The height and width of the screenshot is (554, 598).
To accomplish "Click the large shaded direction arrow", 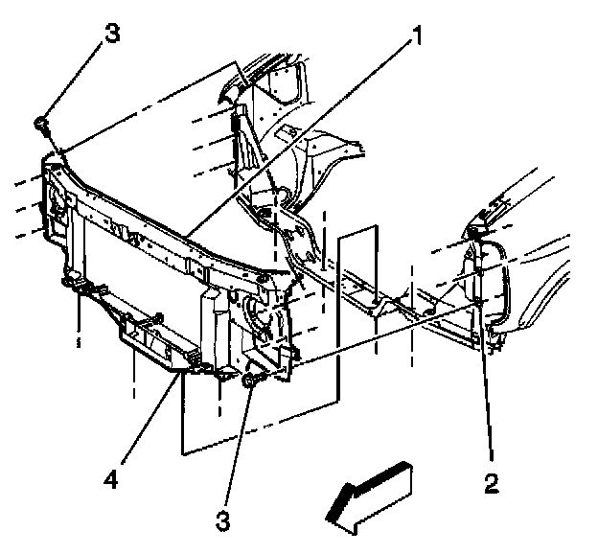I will (x=369, y=494).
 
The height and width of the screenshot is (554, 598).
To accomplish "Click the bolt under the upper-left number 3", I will (x=42, y=123).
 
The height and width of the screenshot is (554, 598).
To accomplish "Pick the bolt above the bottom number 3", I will (x=251, y=381).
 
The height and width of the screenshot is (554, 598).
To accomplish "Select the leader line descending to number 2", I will (x=485, y=383).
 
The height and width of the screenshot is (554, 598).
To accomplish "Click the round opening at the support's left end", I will (x=56, y=202).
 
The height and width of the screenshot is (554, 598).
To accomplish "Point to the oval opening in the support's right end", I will (x=257, y=312).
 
